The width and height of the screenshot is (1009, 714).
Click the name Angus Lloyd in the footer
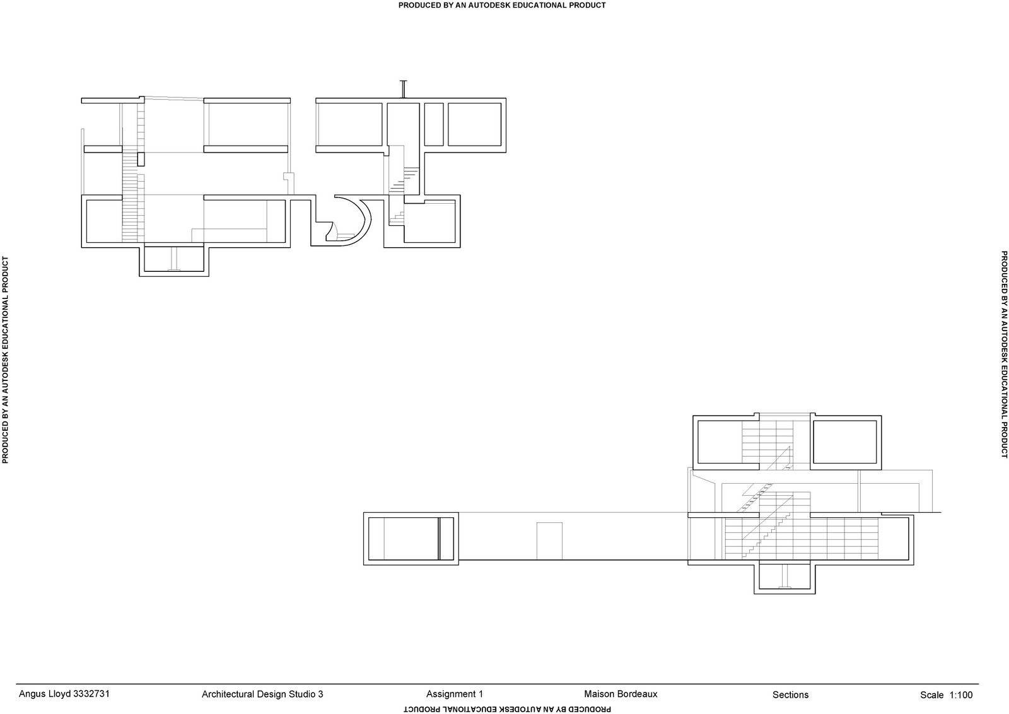44,694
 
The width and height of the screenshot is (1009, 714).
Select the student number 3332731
91,694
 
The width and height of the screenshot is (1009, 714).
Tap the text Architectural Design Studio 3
262,694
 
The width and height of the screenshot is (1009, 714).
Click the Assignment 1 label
455,694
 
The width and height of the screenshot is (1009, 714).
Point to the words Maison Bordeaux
621,694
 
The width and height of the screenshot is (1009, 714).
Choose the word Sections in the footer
791,694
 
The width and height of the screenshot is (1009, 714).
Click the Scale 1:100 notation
947,694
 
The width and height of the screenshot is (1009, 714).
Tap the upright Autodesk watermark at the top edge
502,6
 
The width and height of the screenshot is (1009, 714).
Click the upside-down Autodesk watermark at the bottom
507,709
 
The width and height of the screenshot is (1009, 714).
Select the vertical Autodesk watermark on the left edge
6,360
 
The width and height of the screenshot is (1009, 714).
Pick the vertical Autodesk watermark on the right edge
1004,354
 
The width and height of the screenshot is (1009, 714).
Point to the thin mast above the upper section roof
403,89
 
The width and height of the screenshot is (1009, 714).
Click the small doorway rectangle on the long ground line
549,541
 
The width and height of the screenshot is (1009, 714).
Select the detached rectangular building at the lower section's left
411,539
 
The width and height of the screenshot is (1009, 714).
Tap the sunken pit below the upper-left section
174,261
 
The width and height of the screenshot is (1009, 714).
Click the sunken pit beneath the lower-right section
784,578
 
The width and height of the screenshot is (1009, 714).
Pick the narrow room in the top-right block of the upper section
434,124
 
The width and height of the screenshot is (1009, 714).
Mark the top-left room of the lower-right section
720,442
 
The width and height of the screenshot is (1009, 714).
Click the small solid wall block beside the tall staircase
141,159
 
